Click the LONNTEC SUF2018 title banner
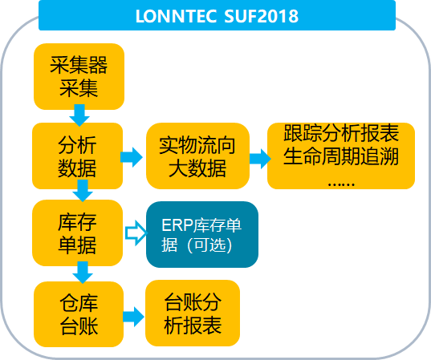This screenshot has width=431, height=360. point(217,15)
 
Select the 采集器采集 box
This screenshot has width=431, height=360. point(79,77)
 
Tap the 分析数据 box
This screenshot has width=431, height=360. point(78,156)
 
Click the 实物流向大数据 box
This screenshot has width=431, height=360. point(197,156)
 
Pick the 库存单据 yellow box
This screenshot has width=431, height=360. point(78,233)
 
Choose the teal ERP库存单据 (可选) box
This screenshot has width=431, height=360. point(202,234)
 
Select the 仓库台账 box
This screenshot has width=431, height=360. point(79,314)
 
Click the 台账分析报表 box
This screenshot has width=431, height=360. point(193,313)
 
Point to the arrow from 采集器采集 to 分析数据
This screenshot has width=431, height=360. point(79,115)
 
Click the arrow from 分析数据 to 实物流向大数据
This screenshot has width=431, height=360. point(132,157)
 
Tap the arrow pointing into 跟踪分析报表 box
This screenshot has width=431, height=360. point(260,159)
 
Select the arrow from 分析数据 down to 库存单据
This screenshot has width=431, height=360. point(83,191)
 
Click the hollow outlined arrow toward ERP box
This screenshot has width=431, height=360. point(136,233)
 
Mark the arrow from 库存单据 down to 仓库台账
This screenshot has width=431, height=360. point(83,272)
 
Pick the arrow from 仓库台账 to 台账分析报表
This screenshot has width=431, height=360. point(133,317)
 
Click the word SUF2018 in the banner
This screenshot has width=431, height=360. point(261,16)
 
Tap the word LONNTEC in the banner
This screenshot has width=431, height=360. point(176,16)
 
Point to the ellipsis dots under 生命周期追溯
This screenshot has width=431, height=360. point(341,184)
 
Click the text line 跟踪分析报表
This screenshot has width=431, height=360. point(341,133)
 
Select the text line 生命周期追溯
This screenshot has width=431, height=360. point(341,156)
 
